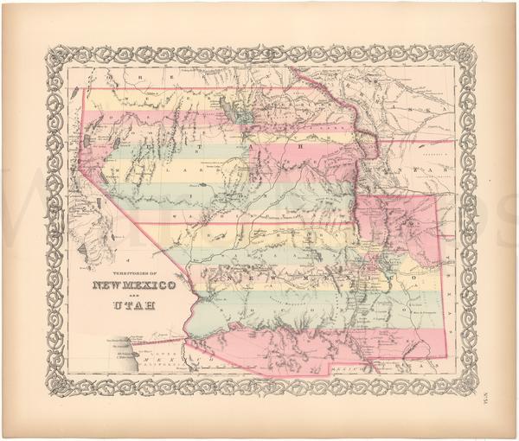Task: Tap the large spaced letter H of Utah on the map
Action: point(302,145)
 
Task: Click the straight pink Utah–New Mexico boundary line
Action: point(259,223)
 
